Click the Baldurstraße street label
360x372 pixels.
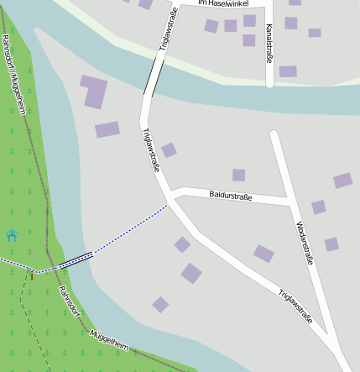(230, 196)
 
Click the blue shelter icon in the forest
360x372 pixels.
(12, 236)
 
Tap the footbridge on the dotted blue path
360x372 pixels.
(76, 259)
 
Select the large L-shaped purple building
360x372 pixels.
(94, 91)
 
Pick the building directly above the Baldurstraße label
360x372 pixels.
(239, 175)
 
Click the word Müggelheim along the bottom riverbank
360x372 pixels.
(109, 340)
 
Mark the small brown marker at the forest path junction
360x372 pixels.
(31, 274)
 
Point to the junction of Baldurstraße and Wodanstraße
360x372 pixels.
(289, 202)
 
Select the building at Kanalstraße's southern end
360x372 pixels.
(288, 71)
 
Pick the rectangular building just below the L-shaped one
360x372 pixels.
(107, 129)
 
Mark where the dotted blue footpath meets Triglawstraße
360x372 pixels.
(167, 204)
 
